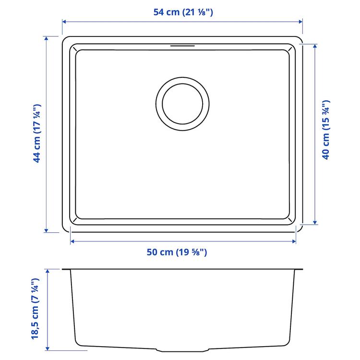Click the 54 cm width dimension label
coord(183,12)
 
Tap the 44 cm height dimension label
coord(37,134)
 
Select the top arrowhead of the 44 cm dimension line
coord(47,38)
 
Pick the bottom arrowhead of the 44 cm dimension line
coord(47,230)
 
